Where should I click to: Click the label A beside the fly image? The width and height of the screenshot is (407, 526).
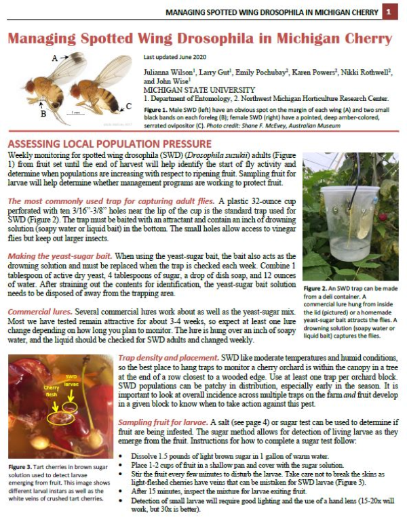pyautogui.click(x=54, y=59)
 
